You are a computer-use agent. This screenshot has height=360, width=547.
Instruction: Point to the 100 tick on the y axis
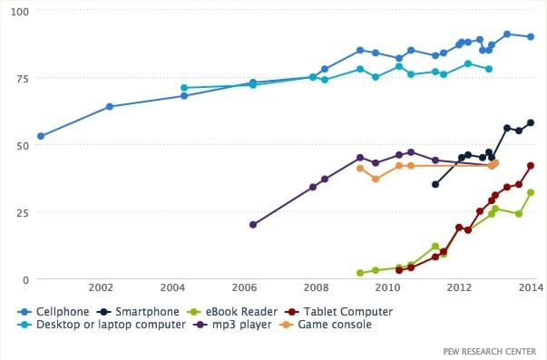click(x=20, y=12)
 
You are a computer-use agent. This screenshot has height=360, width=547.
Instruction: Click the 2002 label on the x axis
click(x=101, y=289)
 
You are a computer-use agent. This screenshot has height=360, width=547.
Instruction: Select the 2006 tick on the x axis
click(x=244, y=289)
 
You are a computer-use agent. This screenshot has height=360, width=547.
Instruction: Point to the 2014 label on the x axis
click(x=531, y=289)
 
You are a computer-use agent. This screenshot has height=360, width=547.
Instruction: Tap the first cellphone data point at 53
click(x=41, y=137)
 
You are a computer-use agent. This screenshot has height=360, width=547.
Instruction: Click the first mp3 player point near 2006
click(x=252, y=225)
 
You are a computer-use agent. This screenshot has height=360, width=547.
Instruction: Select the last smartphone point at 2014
click(x=531, y=123)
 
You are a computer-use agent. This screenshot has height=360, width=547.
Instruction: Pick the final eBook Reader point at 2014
click(x=531, y=192)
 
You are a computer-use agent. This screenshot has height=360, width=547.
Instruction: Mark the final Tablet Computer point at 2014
click(x=531, y=166)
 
